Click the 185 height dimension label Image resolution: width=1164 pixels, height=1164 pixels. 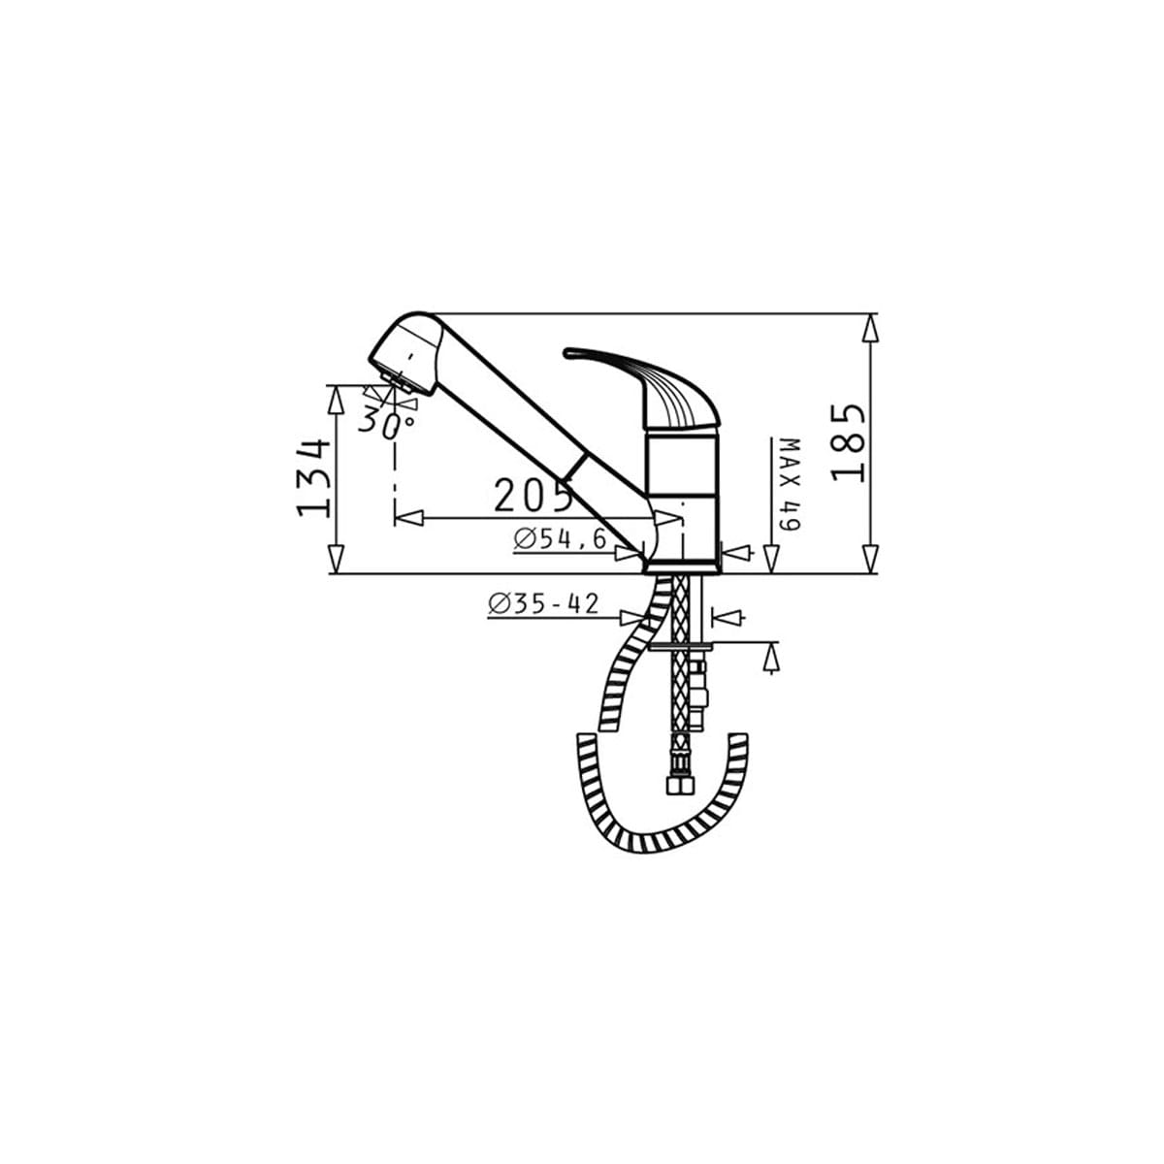tap(848, 442)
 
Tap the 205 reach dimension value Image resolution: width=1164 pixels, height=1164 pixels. tap(533, 496)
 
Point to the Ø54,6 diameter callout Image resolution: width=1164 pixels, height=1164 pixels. tap(560, 538)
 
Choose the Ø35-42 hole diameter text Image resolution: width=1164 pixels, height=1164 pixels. tap(543, 603)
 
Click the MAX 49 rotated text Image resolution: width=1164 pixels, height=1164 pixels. tap(790, 484)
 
